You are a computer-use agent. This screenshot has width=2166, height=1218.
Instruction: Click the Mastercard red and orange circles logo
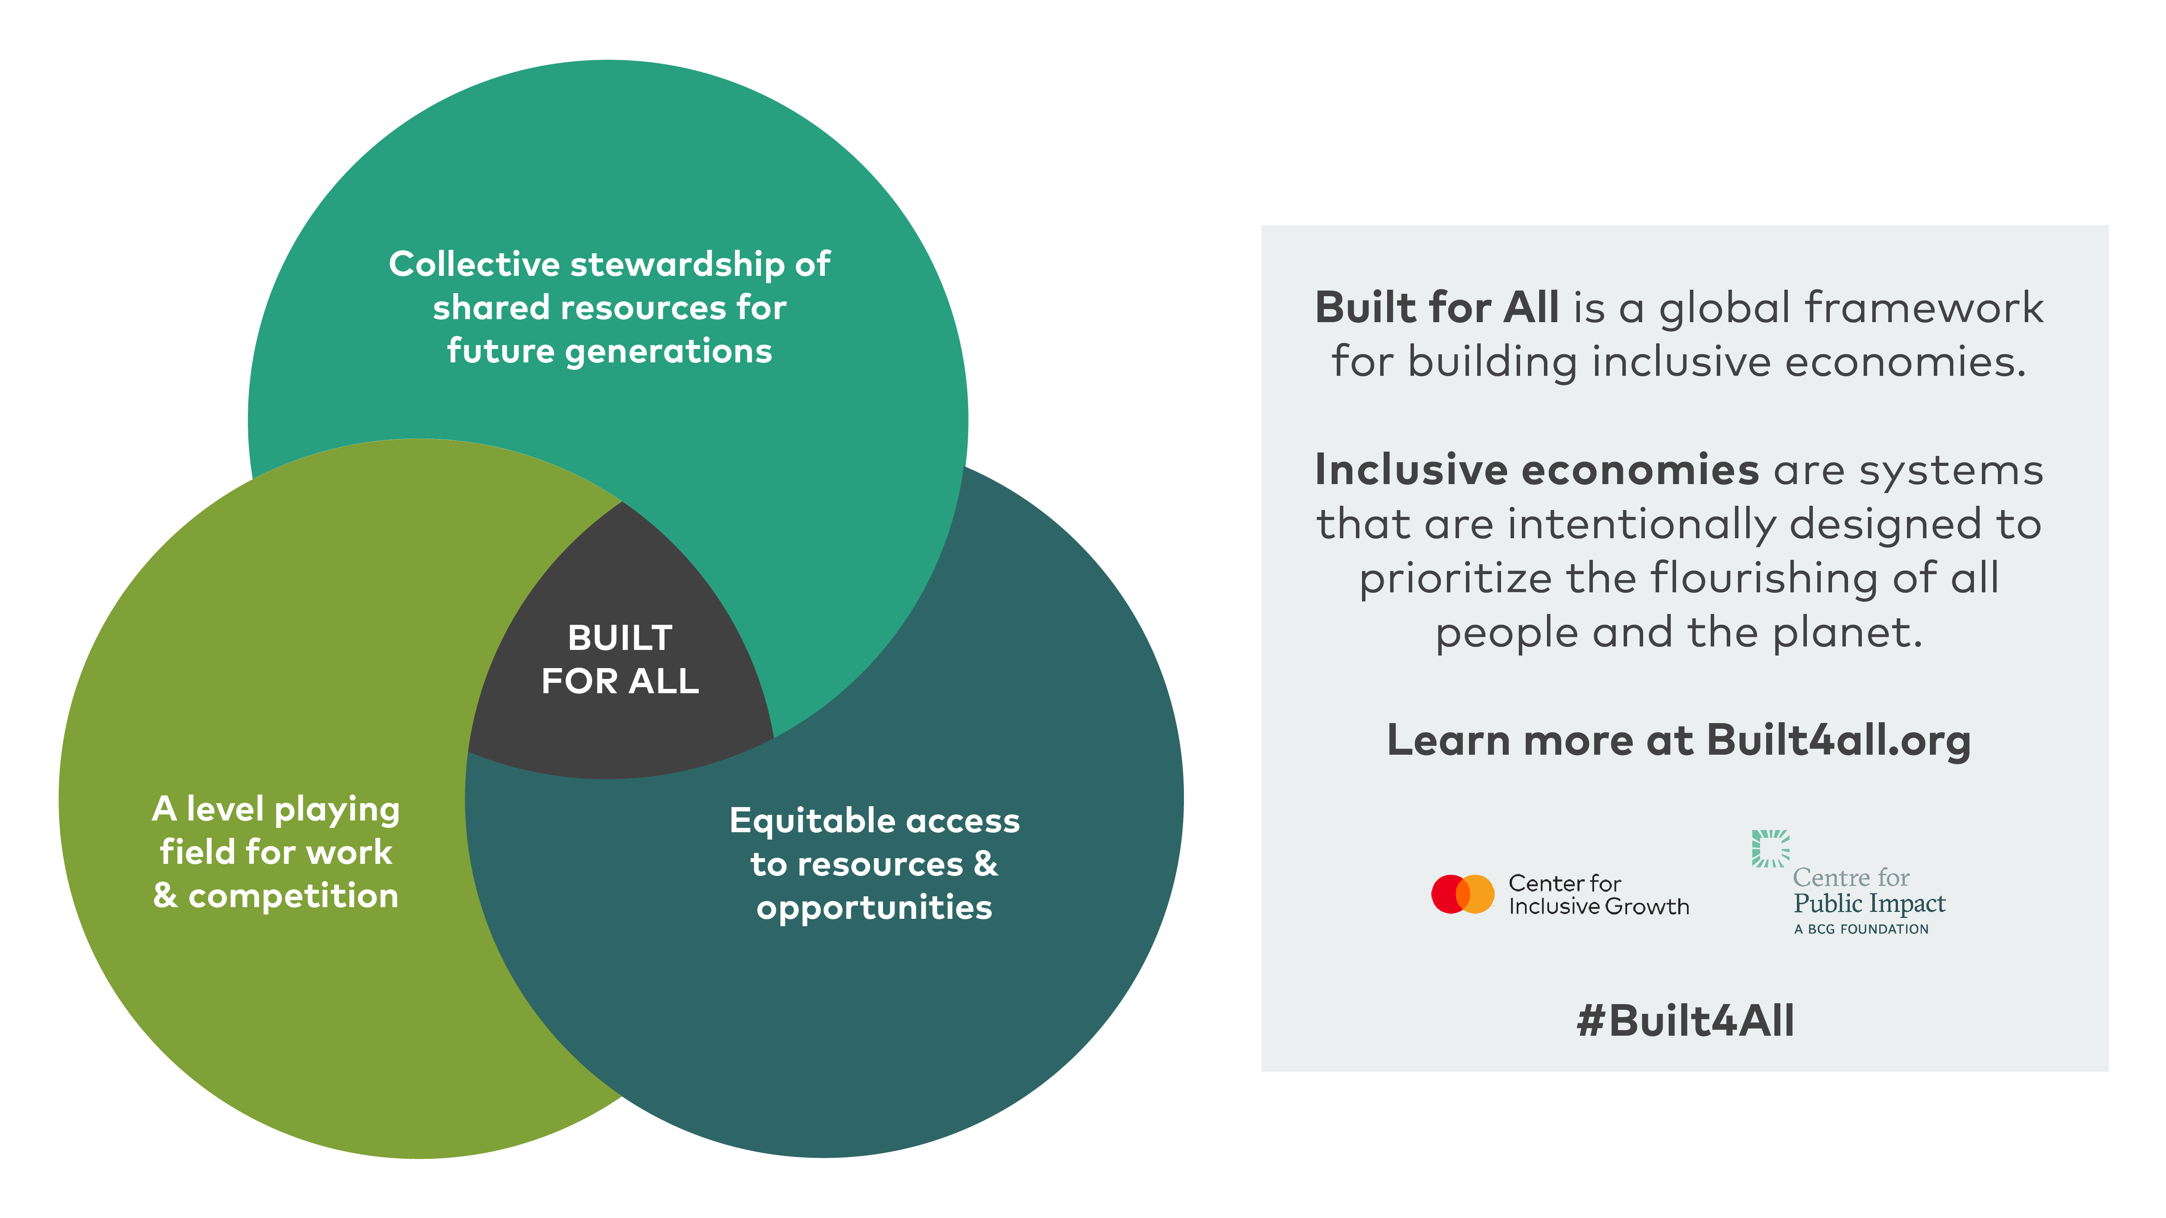1462,894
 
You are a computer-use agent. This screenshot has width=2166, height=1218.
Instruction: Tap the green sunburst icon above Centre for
1771,848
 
